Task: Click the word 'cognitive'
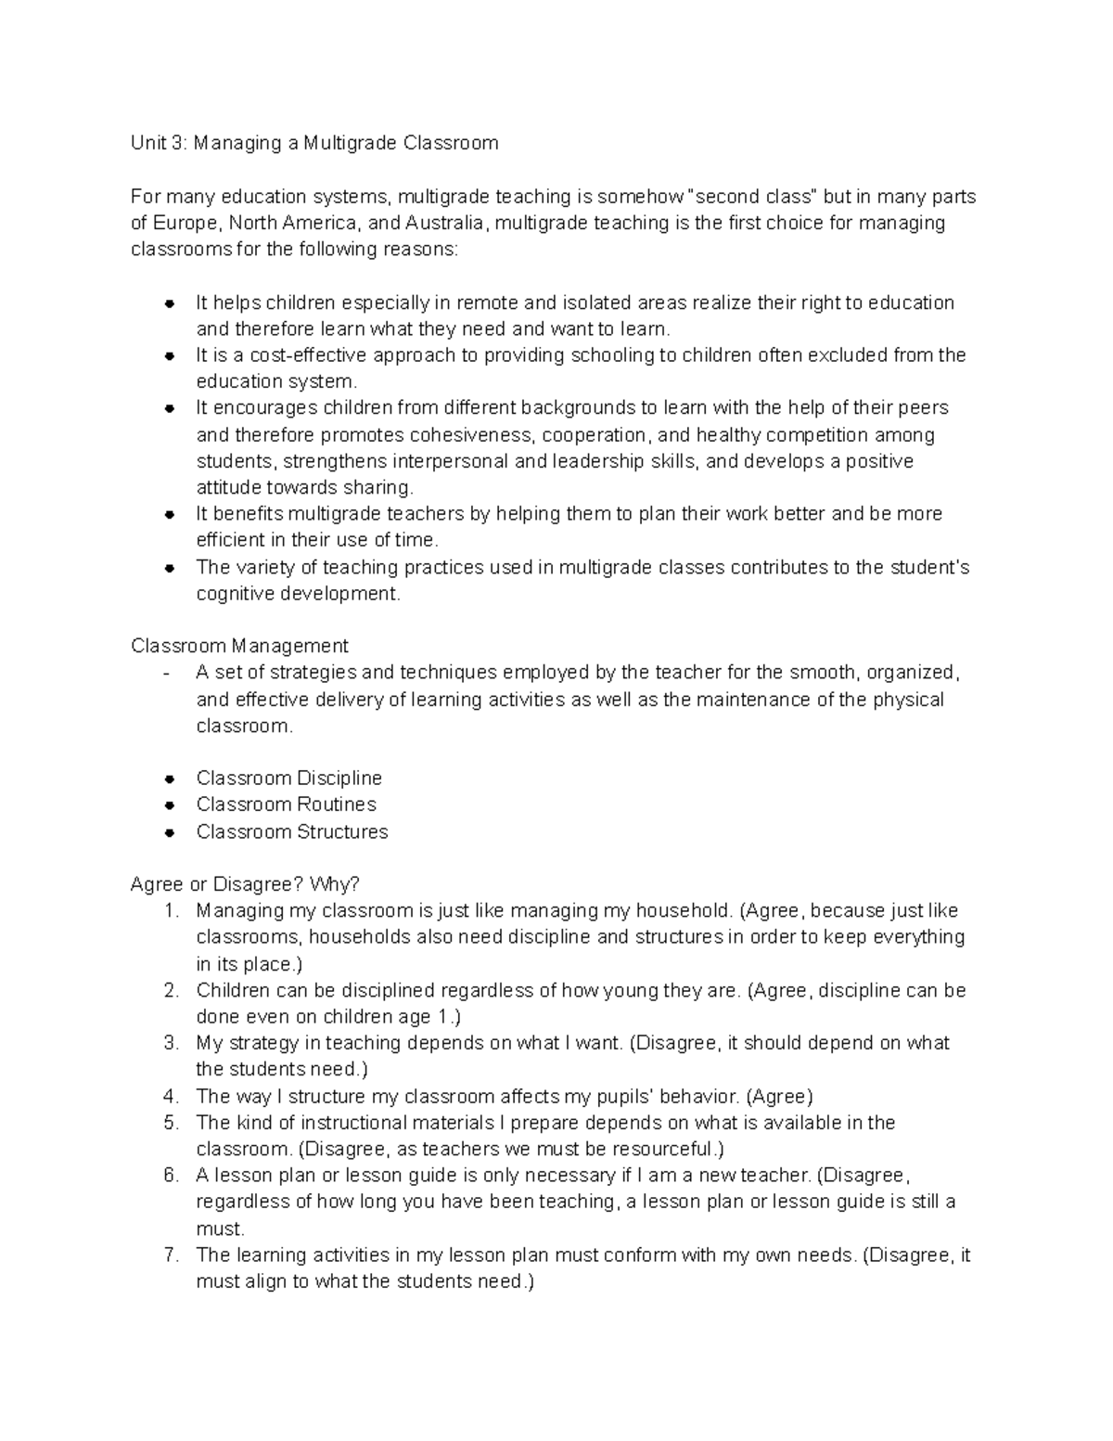point(232,594)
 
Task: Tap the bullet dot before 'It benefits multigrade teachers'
point(169,515)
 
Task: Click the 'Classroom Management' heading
point(239,646)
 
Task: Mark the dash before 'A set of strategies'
point(166,673)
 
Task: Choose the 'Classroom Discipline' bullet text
point(288,778)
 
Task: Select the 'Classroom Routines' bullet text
point(286,804)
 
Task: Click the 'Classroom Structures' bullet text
point(292,831)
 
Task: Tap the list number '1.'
point(171,911)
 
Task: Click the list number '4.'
point(171,1097)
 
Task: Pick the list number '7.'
point(171,1255)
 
